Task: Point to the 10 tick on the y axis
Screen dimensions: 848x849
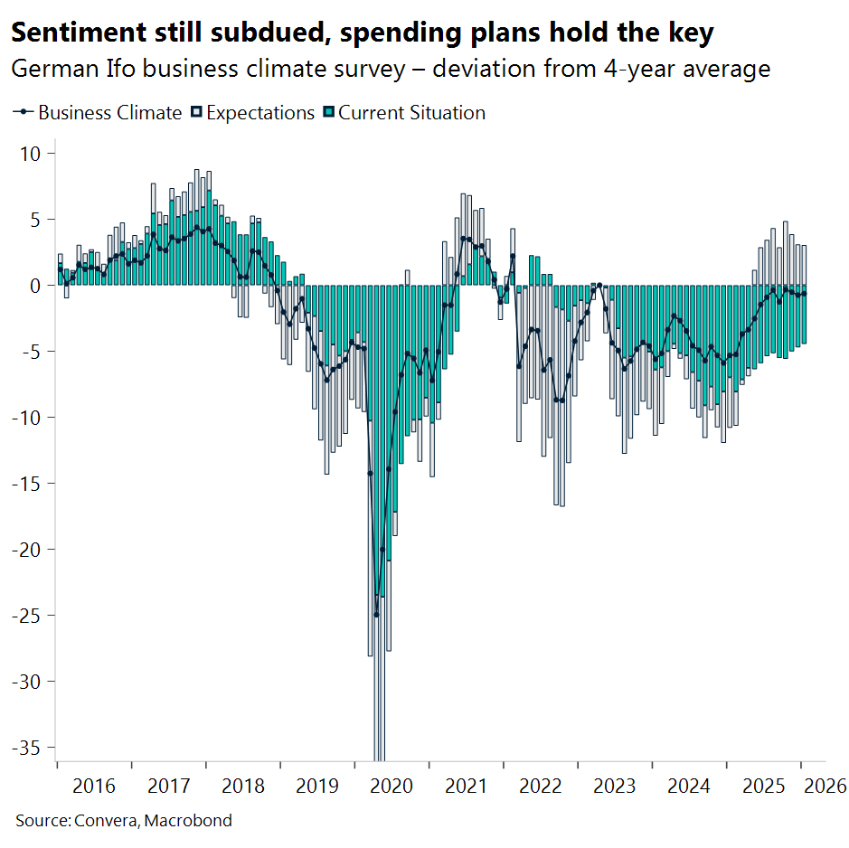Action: pyautogui.click(x=31, y=154)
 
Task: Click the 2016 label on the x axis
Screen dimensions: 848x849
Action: pyautogui.click(x=94, y=786)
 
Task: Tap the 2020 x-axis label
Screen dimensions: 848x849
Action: pyautogui.click(x=392, y=786)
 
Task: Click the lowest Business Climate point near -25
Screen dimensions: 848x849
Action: pyautogui.click(x=376, y=615)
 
